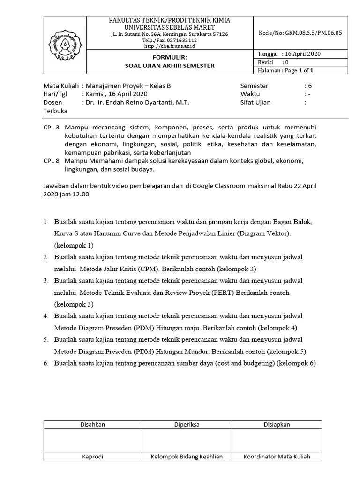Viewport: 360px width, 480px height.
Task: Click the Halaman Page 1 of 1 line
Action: (285, 70)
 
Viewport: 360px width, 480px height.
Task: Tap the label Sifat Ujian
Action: (255, 102)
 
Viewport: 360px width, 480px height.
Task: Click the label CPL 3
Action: (52, 127)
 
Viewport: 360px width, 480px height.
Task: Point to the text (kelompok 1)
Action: (74, 245)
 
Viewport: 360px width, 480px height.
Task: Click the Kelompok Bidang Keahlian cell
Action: (187, 457)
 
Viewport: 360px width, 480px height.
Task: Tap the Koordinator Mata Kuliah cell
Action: (277, 457)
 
